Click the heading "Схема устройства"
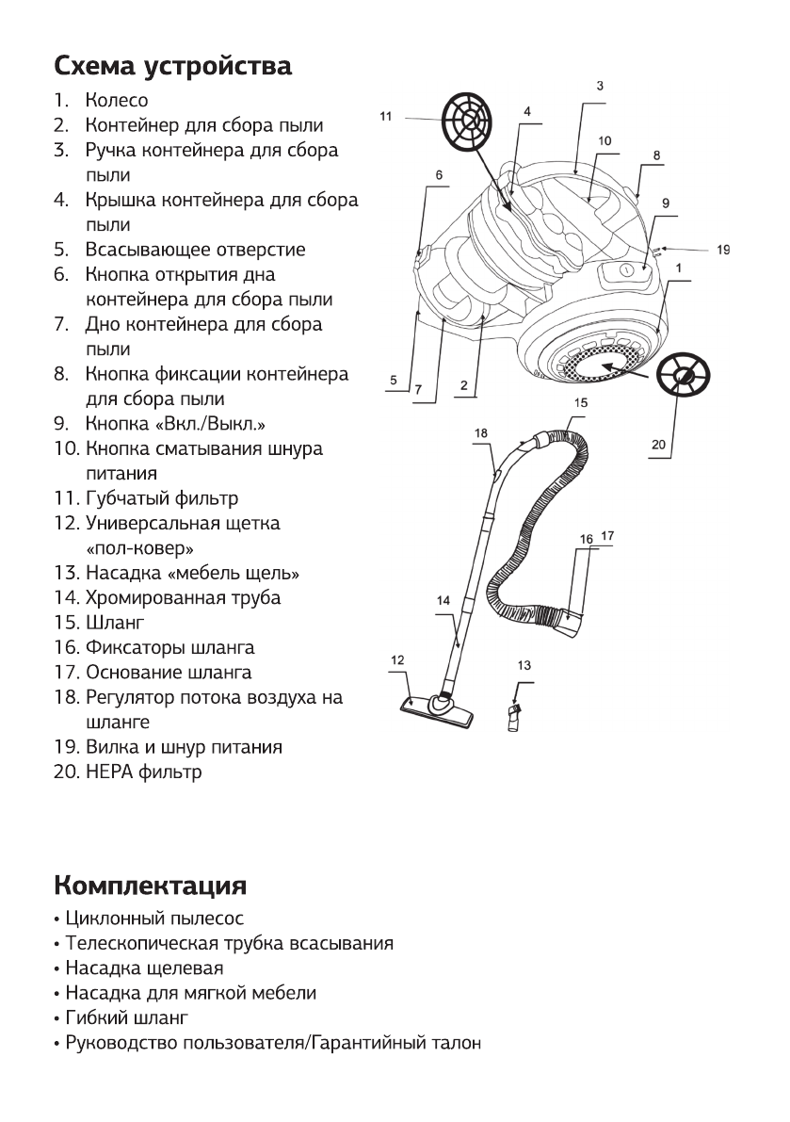(x=172, y=67)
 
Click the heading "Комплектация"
(x=150, y=886)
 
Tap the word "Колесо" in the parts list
(x=117, y=100)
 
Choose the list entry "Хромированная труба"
(x=183, y=598)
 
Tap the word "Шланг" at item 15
(x=115, y=623)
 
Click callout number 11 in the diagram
(x=386, y=116)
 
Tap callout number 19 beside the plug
(x=723, y=251)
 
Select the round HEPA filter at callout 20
(x=685, y=378)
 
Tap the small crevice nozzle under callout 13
(x=514, y=715)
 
